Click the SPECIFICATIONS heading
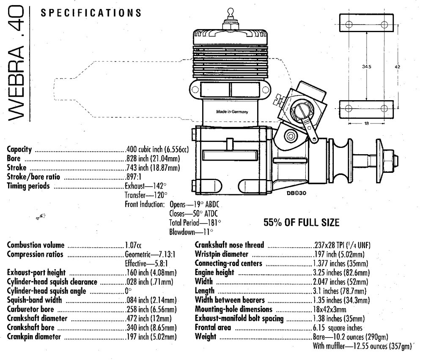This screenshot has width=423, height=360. coord(91,13)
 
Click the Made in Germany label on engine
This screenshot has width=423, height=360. coord(232,112)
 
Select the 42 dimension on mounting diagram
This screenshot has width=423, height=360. coord(397,66)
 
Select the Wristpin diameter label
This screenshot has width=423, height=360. coord(224,254)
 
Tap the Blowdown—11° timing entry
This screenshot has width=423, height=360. coord(191,232)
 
